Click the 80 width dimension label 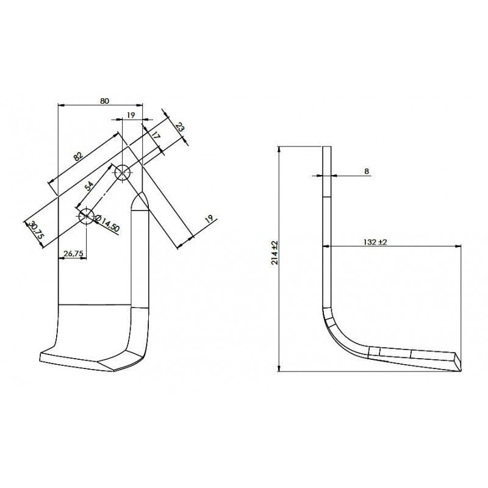pos(104,101)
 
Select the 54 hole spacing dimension pos(88,186)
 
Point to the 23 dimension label pos(179,127)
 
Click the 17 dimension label pos(156,135)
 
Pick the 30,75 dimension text pos(36,230)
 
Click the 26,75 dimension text pos(73,254)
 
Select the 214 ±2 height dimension pos(275,252)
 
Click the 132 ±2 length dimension pos(375,242)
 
